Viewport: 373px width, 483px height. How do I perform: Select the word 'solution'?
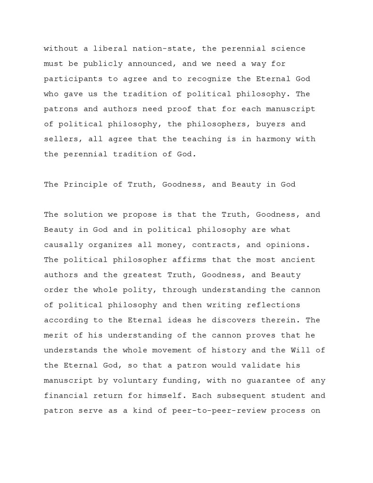[79, 214]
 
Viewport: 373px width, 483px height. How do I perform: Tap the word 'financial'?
[64, 396]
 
